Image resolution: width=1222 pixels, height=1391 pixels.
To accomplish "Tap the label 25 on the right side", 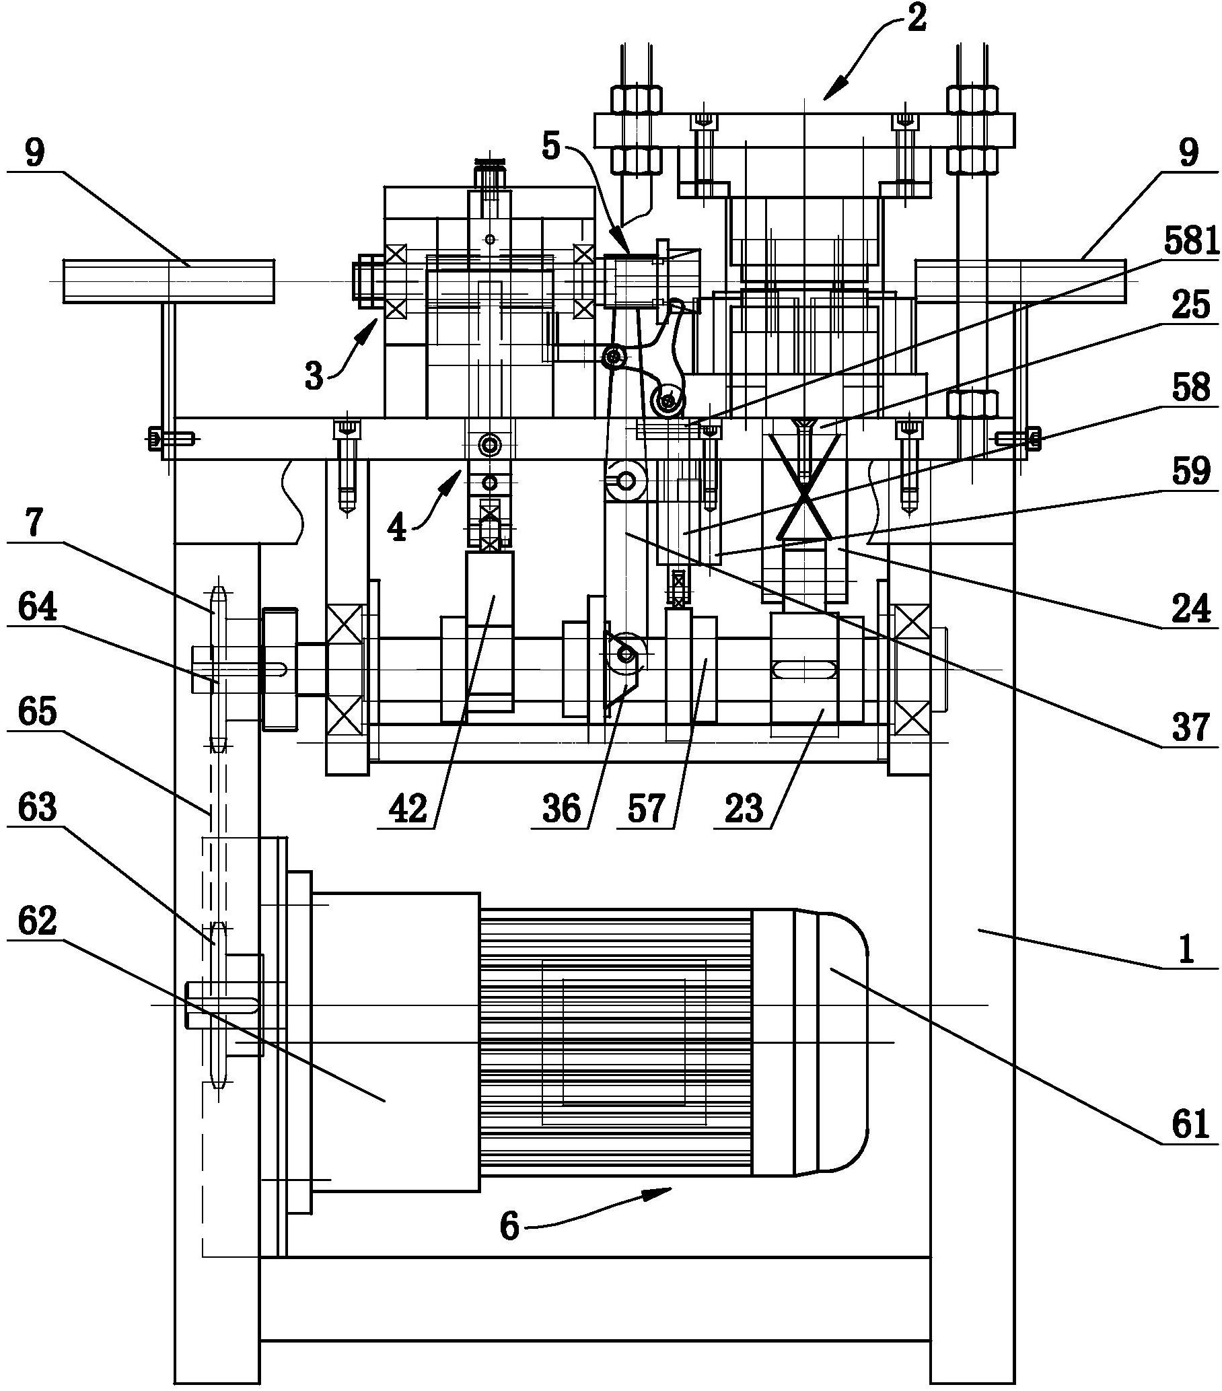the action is tap(1191, 306).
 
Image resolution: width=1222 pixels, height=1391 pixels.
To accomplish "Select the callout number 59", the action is tap(1191, 471).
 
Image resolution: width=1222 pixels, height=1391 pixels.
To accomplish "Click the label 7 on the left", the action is tap(34, 524).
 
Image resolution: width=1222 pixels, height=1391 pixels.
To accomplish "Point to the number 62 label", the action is tap(37, 922).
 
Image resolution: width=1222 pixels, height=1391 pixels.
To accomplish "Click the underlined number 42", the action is tap(408, 809).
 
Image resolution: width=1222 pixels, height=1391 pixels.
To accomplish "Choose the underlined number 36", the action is tap(561, 809).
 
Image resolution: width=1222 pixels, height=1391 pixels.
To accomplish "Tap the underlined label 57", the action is tap(646, 809).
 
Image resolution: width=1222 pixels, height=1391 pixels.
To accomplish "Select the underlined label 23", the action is tap(744, 809).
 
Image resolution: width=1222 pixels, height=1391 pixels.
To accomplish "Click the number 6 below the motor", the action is tap(509, 1227).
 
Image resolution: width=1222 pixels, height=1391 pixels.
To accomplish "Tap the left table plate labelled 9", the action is tap(168, 281).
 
